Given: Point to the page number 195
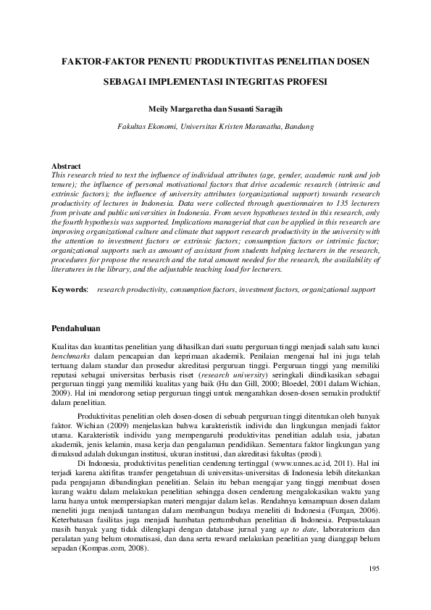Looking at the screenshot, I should coord(374,588).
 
